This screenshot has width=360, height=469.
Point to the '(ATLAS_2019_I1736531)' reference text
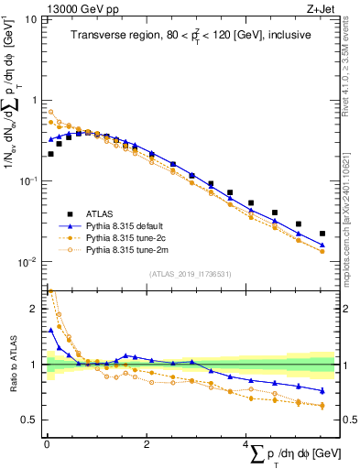tap(190, 274)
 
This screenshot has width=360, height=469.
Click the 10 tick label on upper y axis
tap(31, 19)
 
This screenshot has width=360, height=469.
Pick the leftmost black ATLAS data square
tap(49, 154)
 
